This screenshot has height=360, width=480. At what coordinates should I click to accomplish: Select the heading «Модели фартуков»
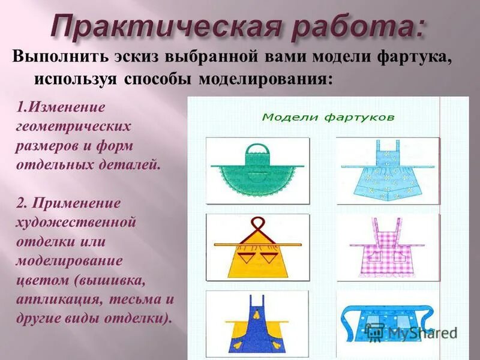coord(328,116)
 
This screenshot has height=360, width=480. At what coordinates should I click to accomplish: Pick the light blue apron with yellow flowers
coord(387,171)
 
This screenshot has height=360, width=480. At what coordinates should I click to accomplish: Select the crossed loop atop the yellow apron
coord(257,225)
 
